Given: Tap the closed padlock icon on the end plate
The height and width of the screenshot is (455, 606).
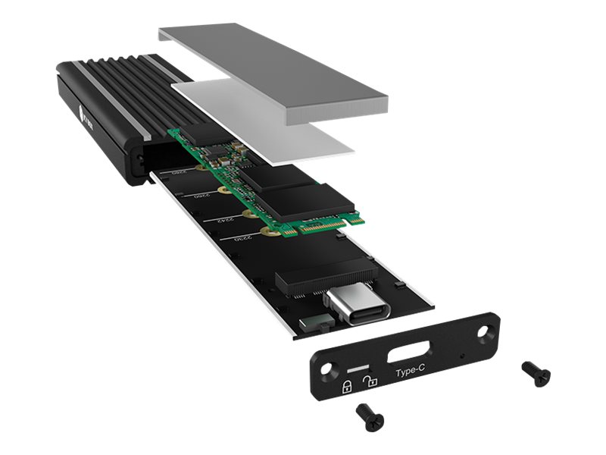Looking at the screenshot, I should pyautogui.click(x=346, y=387).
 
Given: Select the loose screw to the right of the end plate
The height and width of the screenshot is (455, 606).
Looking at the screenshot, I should pyautogui.click(x=536, y=373).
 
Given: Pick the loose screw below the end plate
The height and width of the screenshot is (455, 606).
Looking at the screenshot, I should pyautogui.click(x=369, y=416).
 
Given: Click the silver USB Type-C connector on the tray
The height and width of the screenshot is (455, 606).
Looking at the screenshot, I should pyautogui.click(x=358, y=305).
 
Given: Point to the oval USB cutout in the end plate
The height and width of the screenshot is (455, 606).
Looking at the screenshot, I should pyautogui.click(x=411, y=353).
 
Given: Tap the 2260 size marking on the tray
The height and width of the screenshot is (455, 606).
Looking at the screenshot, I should pyautogui.click(x=198, y=197).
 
